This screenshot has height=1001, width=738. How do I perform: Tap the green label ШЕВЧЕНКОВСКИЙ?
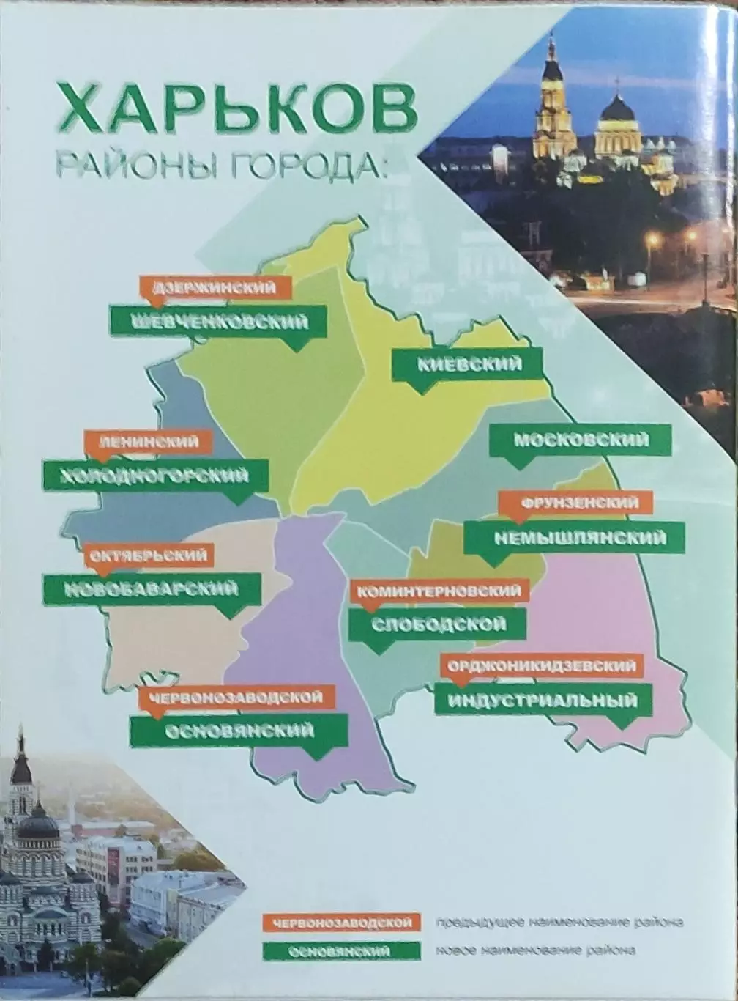(x=218, y=321)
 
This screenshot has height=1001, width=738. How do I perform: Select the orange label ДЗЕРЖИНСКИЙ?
(x=215, y=287)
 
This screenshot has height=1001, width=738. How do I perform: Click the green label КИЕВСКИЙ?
(x=468, y=363)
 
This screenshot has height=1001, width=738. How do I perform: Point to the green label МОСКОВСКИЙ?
(x=580, y=440)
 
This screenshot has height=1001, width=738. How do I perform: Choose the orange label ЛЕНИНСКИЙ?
(x=149, y=441)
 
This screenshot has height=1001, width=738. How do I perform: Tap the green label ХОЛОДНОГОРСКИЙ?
(x=155, y=476)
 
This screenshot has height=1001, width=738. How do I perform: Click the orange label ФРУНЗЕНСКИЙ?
(x=575, y=503)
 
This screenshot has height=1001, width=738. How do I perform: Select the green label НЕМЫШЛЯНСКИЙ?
(x=575, y=538)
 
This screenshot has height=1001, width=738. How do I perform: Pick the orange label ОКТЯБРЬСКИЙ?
(x=149, y=555)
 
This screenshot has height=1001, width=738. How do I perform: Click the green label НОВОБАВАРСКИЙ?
(x=152, y=589)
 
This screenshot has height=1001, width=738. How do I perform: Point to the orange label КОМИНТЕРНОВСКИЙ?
(x=440, y=591)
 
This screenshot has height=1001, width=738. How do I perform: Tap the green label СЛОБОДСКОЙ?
(x=437, y=624)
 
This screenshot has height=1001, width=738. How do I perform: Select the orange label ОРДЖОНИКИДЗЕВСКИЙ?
(x=543, y=665)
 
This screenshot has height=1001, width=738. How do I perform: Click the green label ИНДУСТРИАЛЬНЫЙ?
(x=543, y=700)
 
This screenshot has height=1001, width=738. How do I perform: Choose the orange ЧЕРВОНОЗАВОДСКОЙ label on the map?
(x=236, y=697)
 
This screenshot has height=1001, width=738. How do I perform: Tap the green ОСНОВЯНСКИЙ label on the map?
(x=239, y=731)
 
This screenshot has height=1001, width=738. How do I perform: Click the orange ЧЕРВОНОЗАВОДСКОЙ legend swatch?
(x=342, y=922)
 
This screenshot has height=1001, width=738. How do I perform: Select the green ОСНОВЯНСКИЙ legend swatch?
(x=342, y=951)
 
